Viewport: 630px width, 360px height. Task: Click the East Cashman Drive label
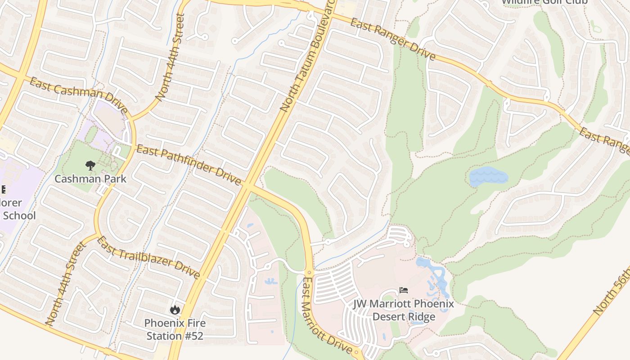(79, 95)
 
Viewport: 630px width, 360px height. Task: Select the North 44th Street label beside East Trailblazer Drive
(65, 284)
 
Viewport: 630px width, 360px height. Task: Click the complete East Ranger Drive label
(393, 39)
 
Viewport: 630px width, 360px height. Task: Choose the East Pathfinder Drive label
(189, 165)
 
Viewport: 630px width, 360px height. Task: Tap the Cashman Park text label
(90, 179)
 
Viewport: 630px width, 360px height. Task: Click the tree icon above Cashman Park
(90, 166)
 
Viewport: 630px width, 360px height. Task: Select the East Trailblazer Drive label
(148, 257)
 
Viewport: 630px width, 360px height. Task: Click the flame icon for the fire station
(175, 310)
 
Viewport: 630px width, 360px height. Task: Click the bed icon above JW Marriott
(404, 290)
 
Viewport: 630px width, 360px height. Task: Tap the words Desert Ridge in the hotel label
(404, 316)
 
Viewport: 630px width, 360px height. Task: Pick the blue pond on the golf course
(488, 176)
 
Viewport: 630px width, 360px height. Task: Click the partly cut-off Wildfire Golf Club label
(544, 2)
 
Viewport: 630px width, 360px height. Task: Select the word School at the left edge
(19, 216)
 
